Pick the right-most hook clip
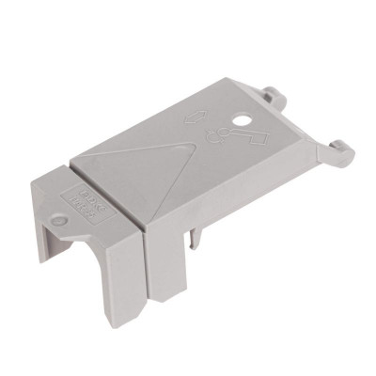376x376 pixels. [340, 151]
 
